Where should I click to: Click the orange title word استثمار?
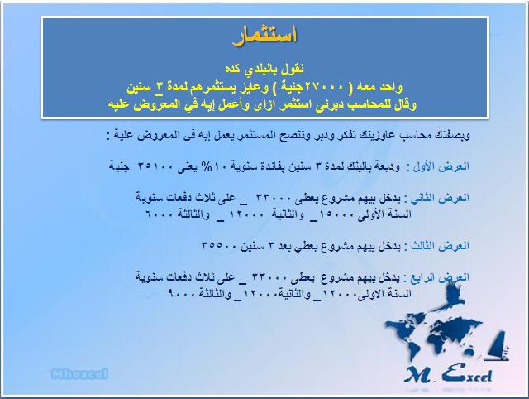tap(264, 35)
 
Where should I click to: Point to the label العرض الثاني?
tap(440, 199)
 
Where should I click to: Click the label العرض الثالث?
tap(440, 246)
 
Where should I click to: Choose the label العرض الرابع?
tap(440, 277)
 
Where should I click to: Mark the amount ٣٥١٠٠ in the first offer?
tap(156, 167)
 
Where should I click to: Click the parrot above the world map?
tap(448, 296)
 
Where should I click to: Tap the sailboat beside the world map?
tap(497, 346)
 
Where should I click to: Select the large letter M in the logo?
tap(417, 374)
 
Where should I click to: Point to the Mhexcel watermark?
tap(80, 374)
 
